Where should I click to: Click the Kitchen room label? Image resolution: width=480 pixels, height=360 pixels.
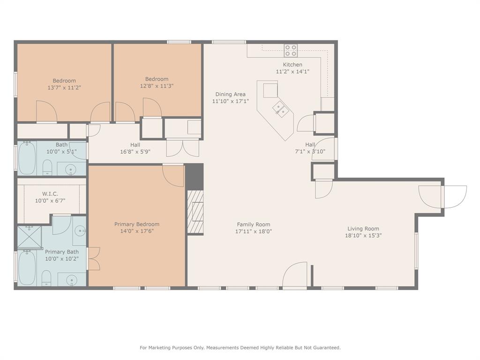(292, 65)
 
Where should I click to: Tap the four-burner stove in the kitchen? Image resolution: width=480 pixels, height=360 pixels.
(291, 50)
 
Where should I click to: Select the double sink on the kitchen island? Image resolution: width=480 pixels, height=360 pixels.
(281, 109)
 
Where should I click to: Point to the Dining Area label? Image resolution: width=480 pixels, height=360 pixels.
(230, 94)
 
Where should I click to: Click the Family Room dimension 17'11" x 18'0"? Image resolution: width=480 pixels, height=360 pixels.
(254, 231)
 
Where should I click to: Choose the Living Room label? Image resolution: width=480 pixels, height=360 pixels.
(363, 229)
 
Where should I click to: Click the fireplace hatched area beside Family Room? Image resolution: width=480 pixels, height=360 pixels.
(195, 212)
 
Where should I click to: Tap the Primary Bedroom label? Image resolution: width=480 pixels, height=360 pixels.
(137, 224)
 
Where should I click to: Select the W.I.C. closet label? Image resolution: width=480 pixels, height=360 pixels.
(50, 194)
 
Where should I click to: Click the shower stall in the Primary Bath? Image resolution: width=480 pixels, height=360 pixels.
(29, 237)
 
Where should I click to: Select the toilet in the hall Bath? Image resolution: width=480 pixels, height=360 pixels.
(47, 167)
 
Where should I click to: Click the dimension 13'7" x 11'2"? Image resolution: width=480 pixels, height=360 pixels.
(64, 87)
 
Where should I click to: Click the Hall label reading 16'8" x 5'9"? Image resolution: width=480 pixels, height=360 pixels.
(135, 151)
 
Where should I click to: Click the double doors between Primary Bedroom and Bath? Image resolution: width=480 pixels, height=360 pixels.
(93, 259)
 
